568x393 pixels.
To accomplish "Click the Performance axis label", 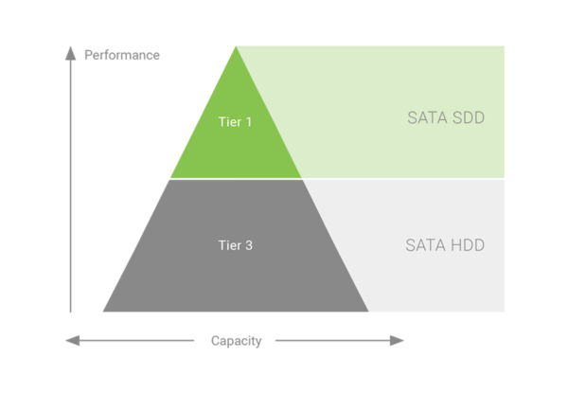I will pyautogui.click(x=122, y=55).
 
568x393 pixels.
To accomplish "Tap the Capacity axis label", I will pyautogui.click(x=236, y=341).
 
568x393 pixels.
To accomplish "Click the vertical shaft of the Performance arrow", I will pyautogui.click(x=70, y=189).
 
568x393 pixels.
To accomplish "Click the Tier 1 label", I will pyautogui.click(x=235, y=122).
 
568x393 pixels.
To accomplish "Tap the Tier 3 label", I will pyautogui.click(x=235, y=245).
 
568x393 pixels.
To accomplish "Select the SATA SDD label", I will pyautogui.click(x=445, y=118).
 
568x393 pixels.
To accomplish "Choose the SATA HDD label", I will pyautogui.click(x=445, y=245).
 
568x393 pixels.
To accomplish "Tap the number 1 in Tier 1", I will pyautogui.click(x=249, y=122).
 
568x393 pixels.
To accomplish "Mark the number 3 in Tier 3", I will pyautogui.click(x=249, y=245).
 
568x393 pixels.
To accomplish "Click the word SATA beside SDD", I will pyautogui.click(x=425, y=118).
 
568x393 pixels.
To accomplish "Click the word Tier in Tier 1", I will pyautogui.click(x=229, y=122).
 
